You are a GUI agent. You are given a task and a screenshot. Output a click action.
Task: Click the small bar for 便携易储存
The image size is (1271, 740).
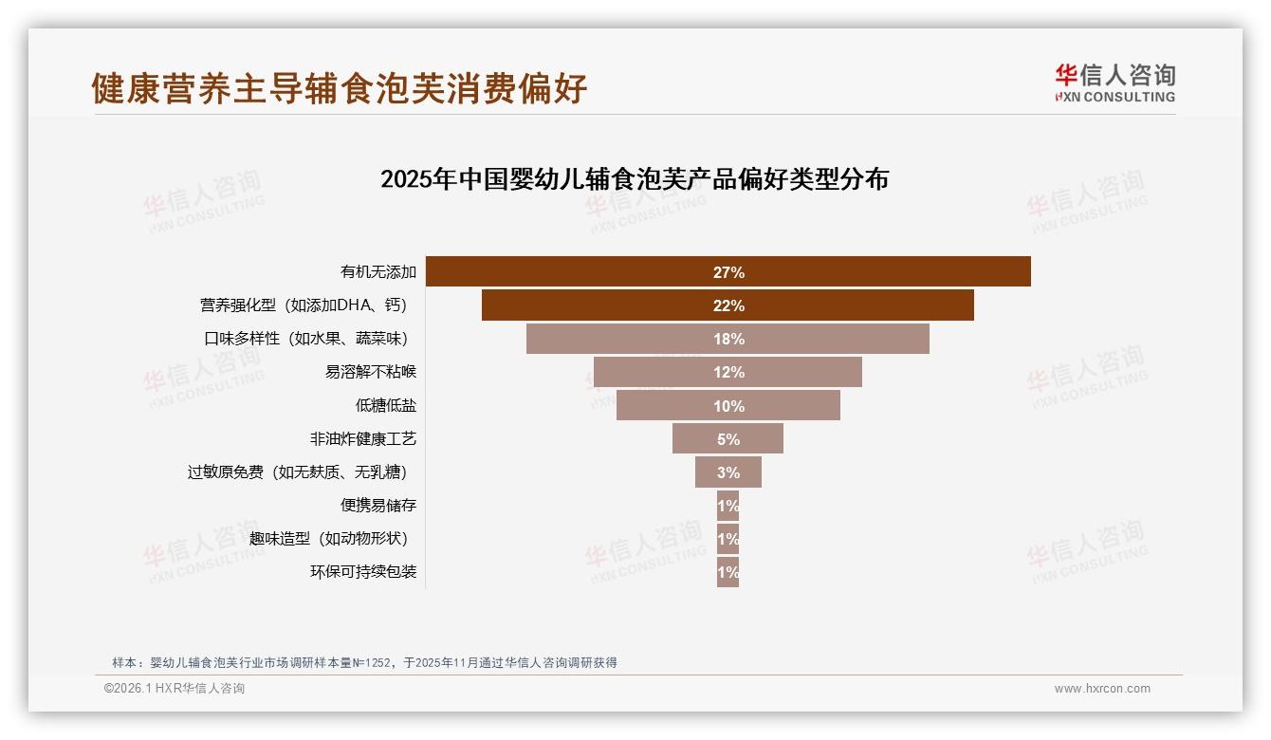pos(728,506)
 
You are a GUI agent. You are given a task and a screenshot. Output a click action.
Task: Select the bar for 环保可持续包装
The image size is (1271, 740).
pos(728,572)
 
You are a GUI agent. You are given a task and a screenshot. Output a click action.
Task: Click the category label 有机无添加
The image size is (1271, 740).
pos(378,272)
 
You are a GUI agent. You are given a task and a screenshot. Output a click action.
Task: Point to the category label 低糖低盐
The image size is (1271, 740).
pos(386,406)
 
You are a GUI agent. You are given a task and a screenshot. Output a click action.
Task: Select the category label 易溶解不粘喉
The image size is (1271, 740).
pos(371,372)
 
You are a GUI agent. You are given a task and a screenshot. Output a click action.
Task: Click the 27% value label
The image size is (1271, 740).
pos(728,272)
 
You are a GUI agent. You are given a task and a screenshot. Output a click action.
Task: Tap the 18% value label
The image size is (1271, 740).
pos(728,339)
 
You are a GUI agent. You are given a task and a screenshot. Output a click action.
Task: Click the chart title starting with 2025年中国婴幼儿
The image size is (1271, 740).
pos(634,179)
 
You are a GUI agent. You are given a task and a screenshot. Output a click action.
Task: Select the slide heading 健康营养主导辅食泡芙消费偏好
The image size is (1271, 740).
pos(340,88)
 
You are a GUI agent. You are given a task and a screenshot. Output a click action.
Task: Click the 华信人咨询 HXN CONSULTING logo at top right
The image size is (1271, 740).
pos(1114,83)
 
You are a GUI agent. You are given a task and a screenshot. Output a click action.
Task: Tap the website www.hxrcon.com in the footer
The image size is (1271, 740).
pos(1102,689)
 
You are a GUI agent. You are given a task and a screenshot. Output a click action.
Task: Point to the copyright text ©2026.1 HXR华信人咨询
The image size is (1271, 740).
pos(175,689)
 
